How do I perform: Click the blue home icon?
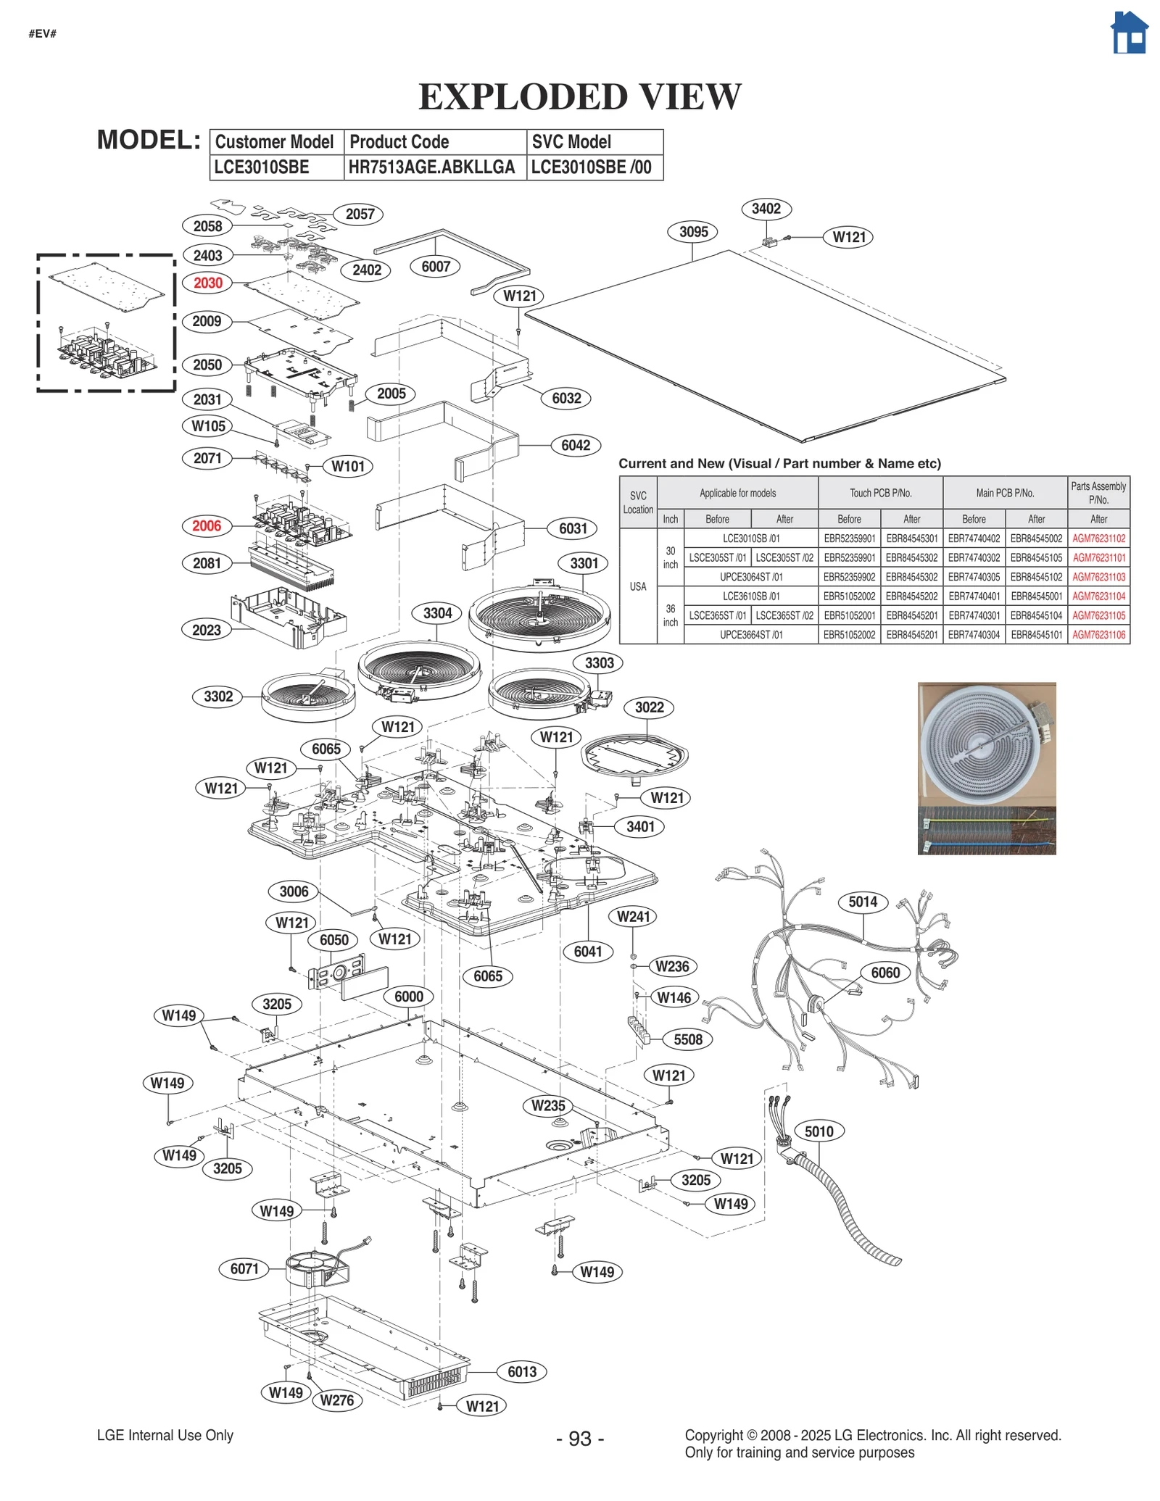click(1128, 33)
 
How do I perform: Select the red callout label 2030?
click(207, 283)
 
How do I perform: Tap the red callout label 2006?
click(207, 526)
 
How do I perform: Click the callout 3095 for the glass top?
click(693, 232)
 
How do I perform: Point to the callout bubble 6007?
click(436, 267)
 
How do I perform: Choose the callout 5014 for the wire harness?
click(863, 902)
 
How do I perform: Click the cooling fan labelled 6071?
click(317, 1268)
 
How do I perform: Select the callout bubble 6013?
click(521, 1371)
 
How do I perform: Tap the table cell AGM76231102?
click(1098, 539)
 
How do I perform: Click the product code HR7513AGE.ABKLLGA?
click(431, 167)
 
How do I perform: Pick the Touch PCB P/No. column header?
click(880, 493)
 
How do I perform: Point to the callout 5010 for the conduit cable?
click(819, 1131)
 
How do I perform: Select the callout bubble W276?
click(337, 1400)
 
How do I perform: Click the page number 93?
click(580, 1439)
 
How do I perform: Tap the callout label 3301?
click(584, 563)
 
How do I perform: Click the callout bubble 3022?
click(649, 707)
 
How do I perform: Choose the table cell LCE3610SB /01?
click(750, 596)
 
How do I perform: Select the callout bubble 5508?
click(687, 1039)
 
